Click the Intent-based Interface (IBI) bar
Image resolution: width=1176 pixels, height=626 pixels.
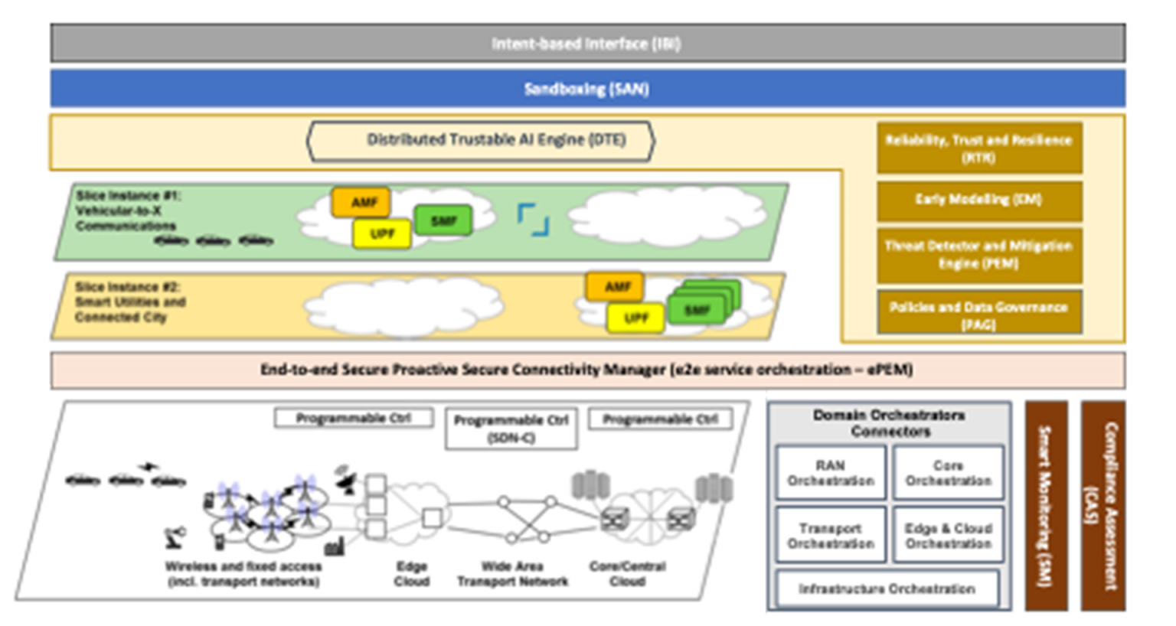click(587, 44)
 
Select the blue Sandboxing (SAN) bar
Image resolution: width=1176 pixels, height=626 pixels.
click(587, 89)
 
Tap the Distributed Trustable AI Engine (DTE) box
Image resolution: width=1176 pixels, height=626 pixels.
click(481, 141)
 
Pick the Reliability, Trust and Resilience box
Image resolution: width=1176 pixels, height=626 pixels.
click(979, 148)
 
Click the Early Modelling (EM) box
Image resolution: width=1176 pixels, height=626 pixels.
click(979, 201)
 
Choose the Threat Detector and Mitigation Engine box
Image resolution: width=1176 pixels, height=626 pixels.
click(979, 255)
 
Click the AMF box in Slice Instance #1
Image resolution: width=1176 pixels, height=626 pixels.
click(361, 203)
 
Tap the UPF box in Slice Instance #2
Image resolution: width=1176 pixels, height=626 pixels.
click(635, 318)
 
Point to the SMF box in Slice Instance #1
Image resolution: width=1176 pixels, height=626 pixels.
click(443, 220)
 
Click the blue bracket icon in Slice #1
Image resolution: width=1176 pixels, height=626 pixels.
click(533, 220)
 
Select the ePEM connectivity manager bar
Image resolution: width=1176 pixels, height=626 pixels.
click(587, 370)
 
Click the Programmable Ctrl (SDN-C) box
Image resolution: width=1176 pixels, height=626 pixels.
click(511, 429)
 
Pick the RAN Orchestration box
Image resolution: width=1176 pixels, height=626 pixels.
click(831, 473)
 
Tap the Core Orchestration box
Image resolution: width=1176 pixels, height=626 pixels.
click(948, 473)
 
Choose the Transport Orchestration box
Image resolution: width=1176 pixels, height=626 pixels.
click(831, 536)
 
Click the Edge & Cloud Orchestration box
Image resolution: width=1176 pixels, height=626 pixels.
click(948, 536)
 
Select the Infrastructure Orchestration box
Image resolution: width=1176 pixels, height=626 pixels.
click(887, 589)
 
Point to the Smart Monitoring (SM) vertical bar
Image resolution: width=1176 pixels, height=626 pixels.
click(1046, 505)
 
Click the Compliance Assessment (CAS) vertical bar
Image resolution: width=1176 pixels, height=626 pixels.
click(1102, 505)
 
